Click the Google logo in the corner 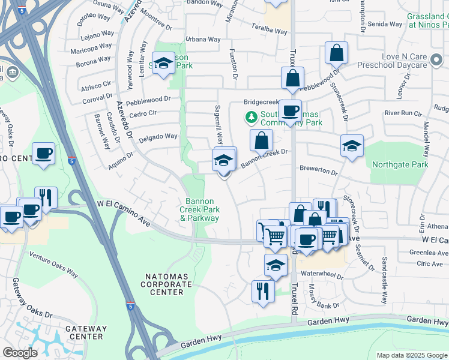pyautogui.click(x=20, y=352)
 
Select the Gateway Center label pyautogui.click(x=85, y=332)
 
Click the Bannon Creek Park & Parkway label pyautogui.click(x=199, y=209)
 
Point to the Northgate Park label pyautogui.click(x=400, y=164)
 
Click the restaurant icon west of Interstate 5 pyautogui.click(x=46, y=196)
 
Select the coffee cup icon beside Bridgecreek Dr pyautogui.click(x=290, y=110)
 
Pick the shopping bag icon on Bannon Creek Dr pyautogui.click(x=262, y=140)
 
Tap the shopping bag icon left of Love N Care pyautogui.click(x=337, y=52)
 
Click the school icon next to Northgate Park pyautogui.click(x=352, y=145)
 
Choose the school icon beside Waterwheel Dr pyautogui.click(x=276, y=265)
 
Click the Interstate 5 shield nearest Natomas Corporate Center pyautogui.click(x=130, y=306)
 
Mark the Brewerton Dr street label pyautogui.click(x=319, y=171)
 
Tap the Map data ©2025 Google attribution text pyautogui.click(x=412, y=355)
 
